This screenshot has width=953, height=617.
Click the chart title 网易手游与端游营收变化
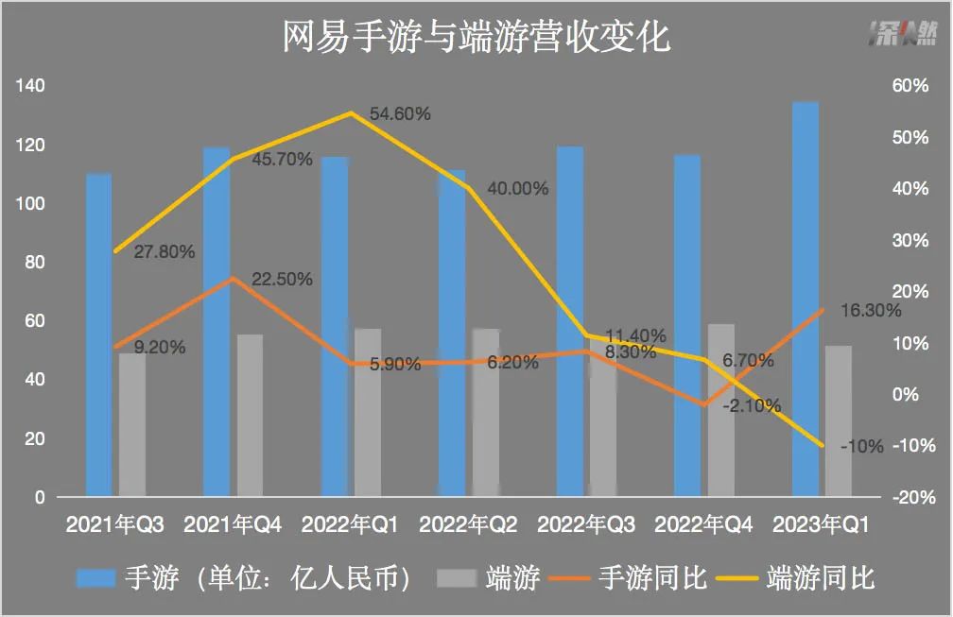point(476,39)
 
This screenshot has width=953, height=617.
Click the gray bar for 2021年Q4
point(251,415)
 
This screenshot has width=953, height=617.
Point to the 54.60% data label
point(400,114)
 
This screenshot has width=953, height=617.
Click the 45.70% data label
point(283,160)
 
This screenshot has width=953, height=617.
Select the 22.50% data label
point(283,280)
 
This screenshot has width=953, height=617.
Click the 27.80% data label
point(165,252)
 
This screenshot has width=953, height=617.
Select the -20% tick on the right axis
point(911,497)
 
